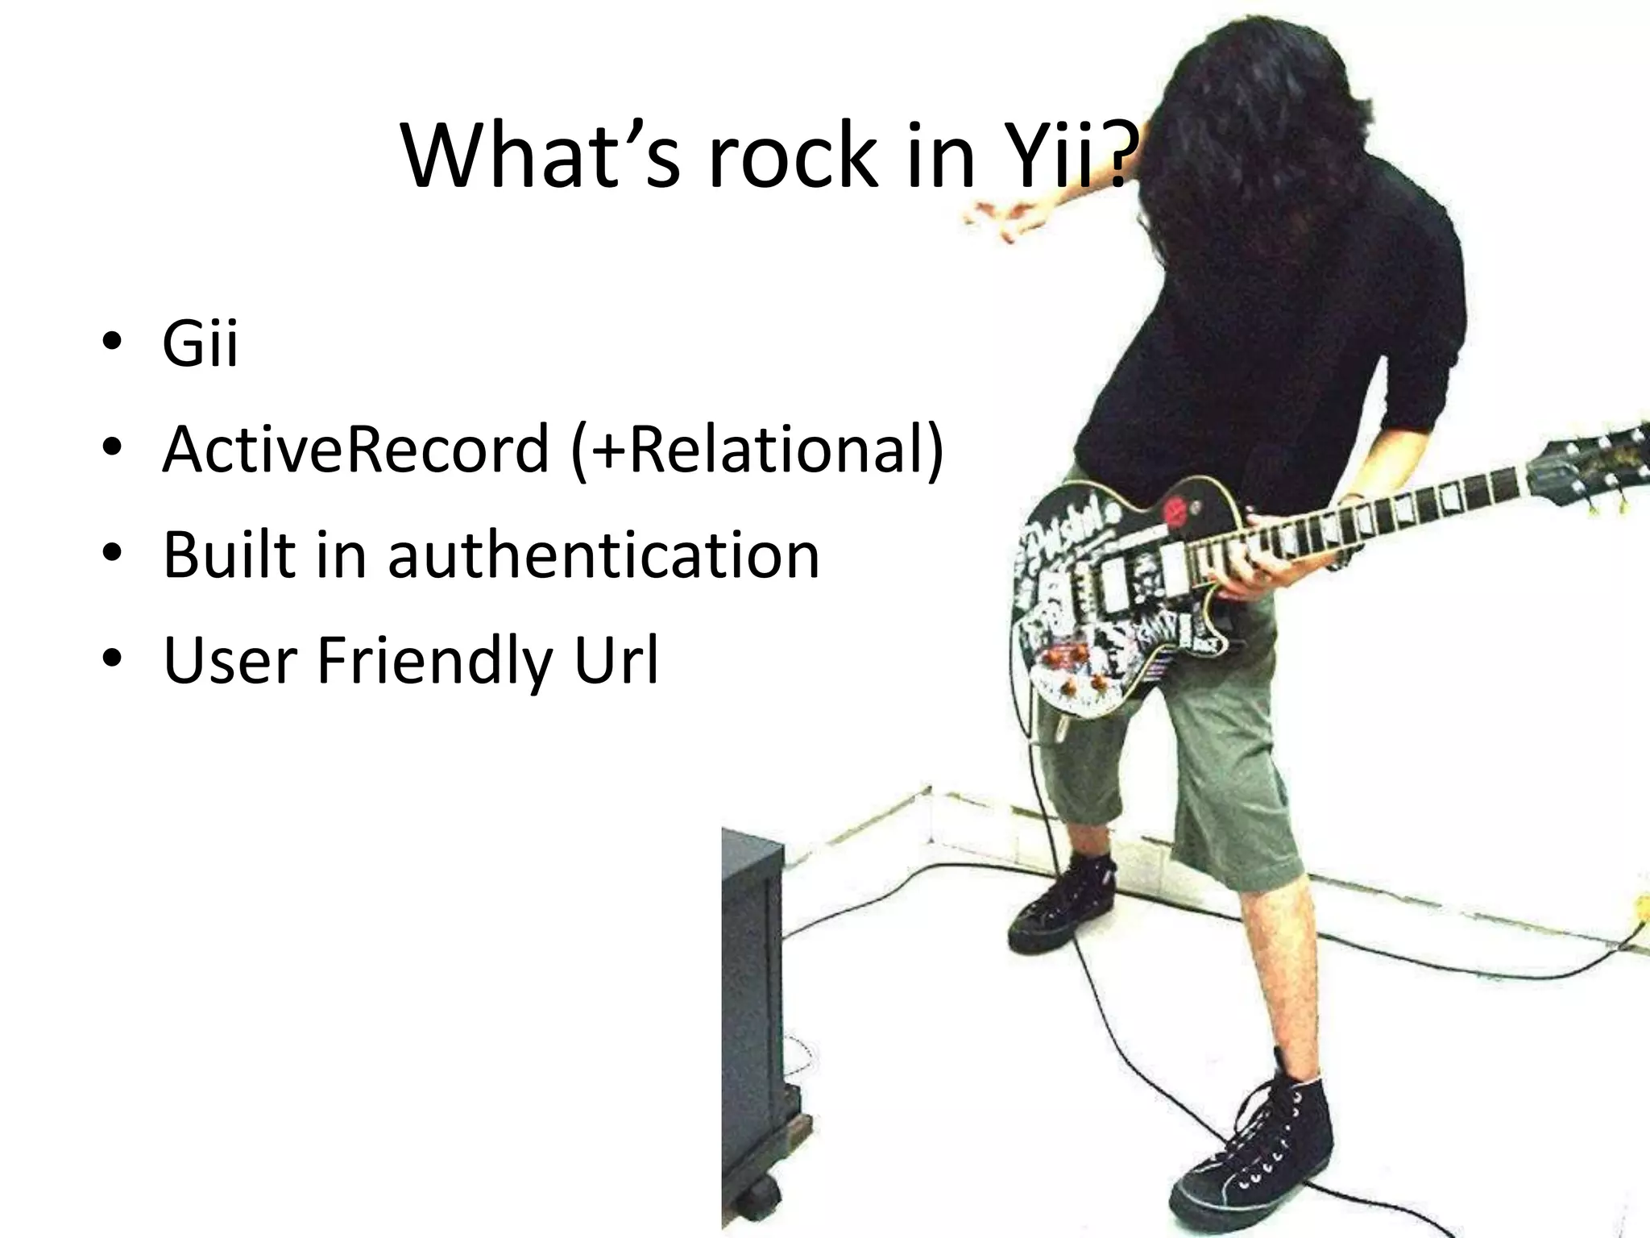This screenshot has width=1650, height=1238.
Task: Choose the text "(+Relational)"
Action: [x=757, y=450]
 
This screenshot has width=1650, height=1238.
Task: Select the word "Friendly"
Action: [x=435, y=661]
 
